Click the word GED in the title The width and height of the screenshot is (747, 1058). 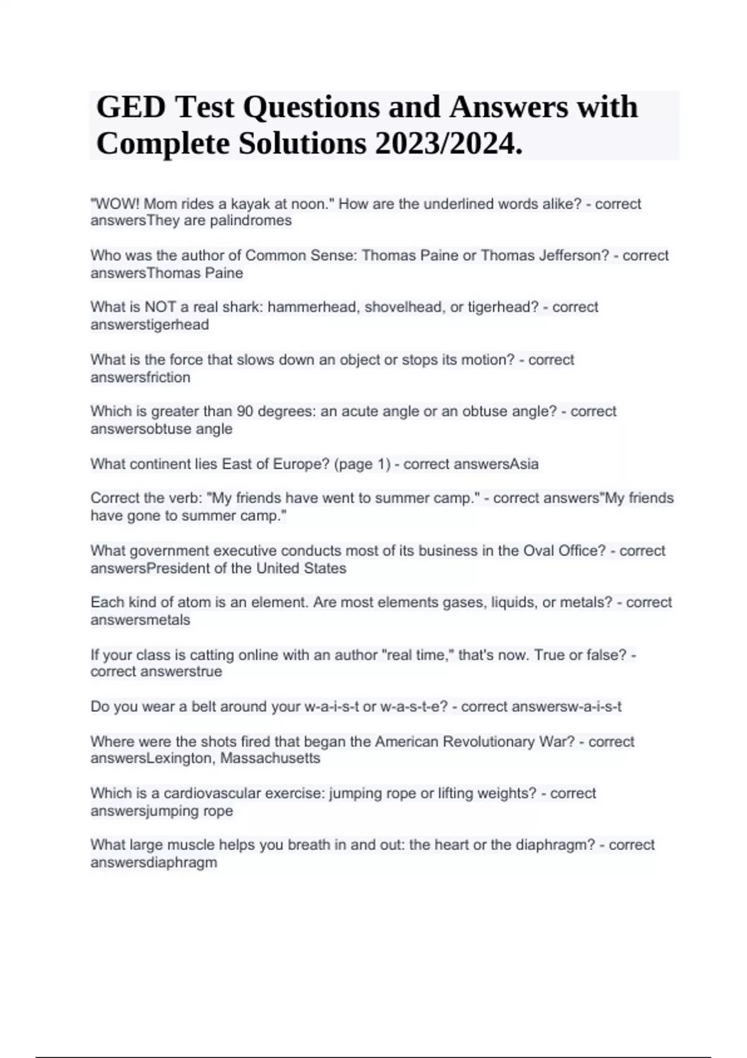(131, 107)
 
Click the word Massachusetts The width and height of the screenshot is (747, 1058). (270, 759)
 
